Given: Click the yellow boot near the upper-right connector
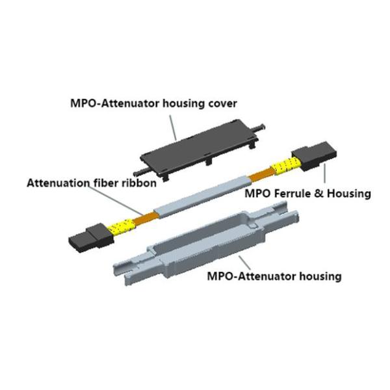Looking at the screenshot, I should click(281, 168).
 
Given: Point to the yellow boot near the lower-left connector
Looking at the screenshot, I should click(120, 227).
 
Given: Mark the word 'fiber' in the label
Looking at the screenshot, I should click(108, 183).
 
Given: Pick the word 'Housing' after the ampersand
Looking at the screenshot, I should click(345, 193).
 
